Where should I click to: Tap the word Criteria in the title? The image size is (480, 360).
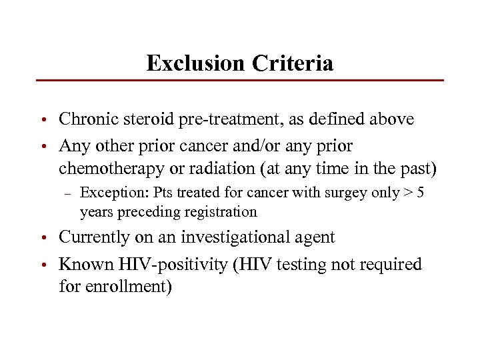(x=293, y=63)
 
